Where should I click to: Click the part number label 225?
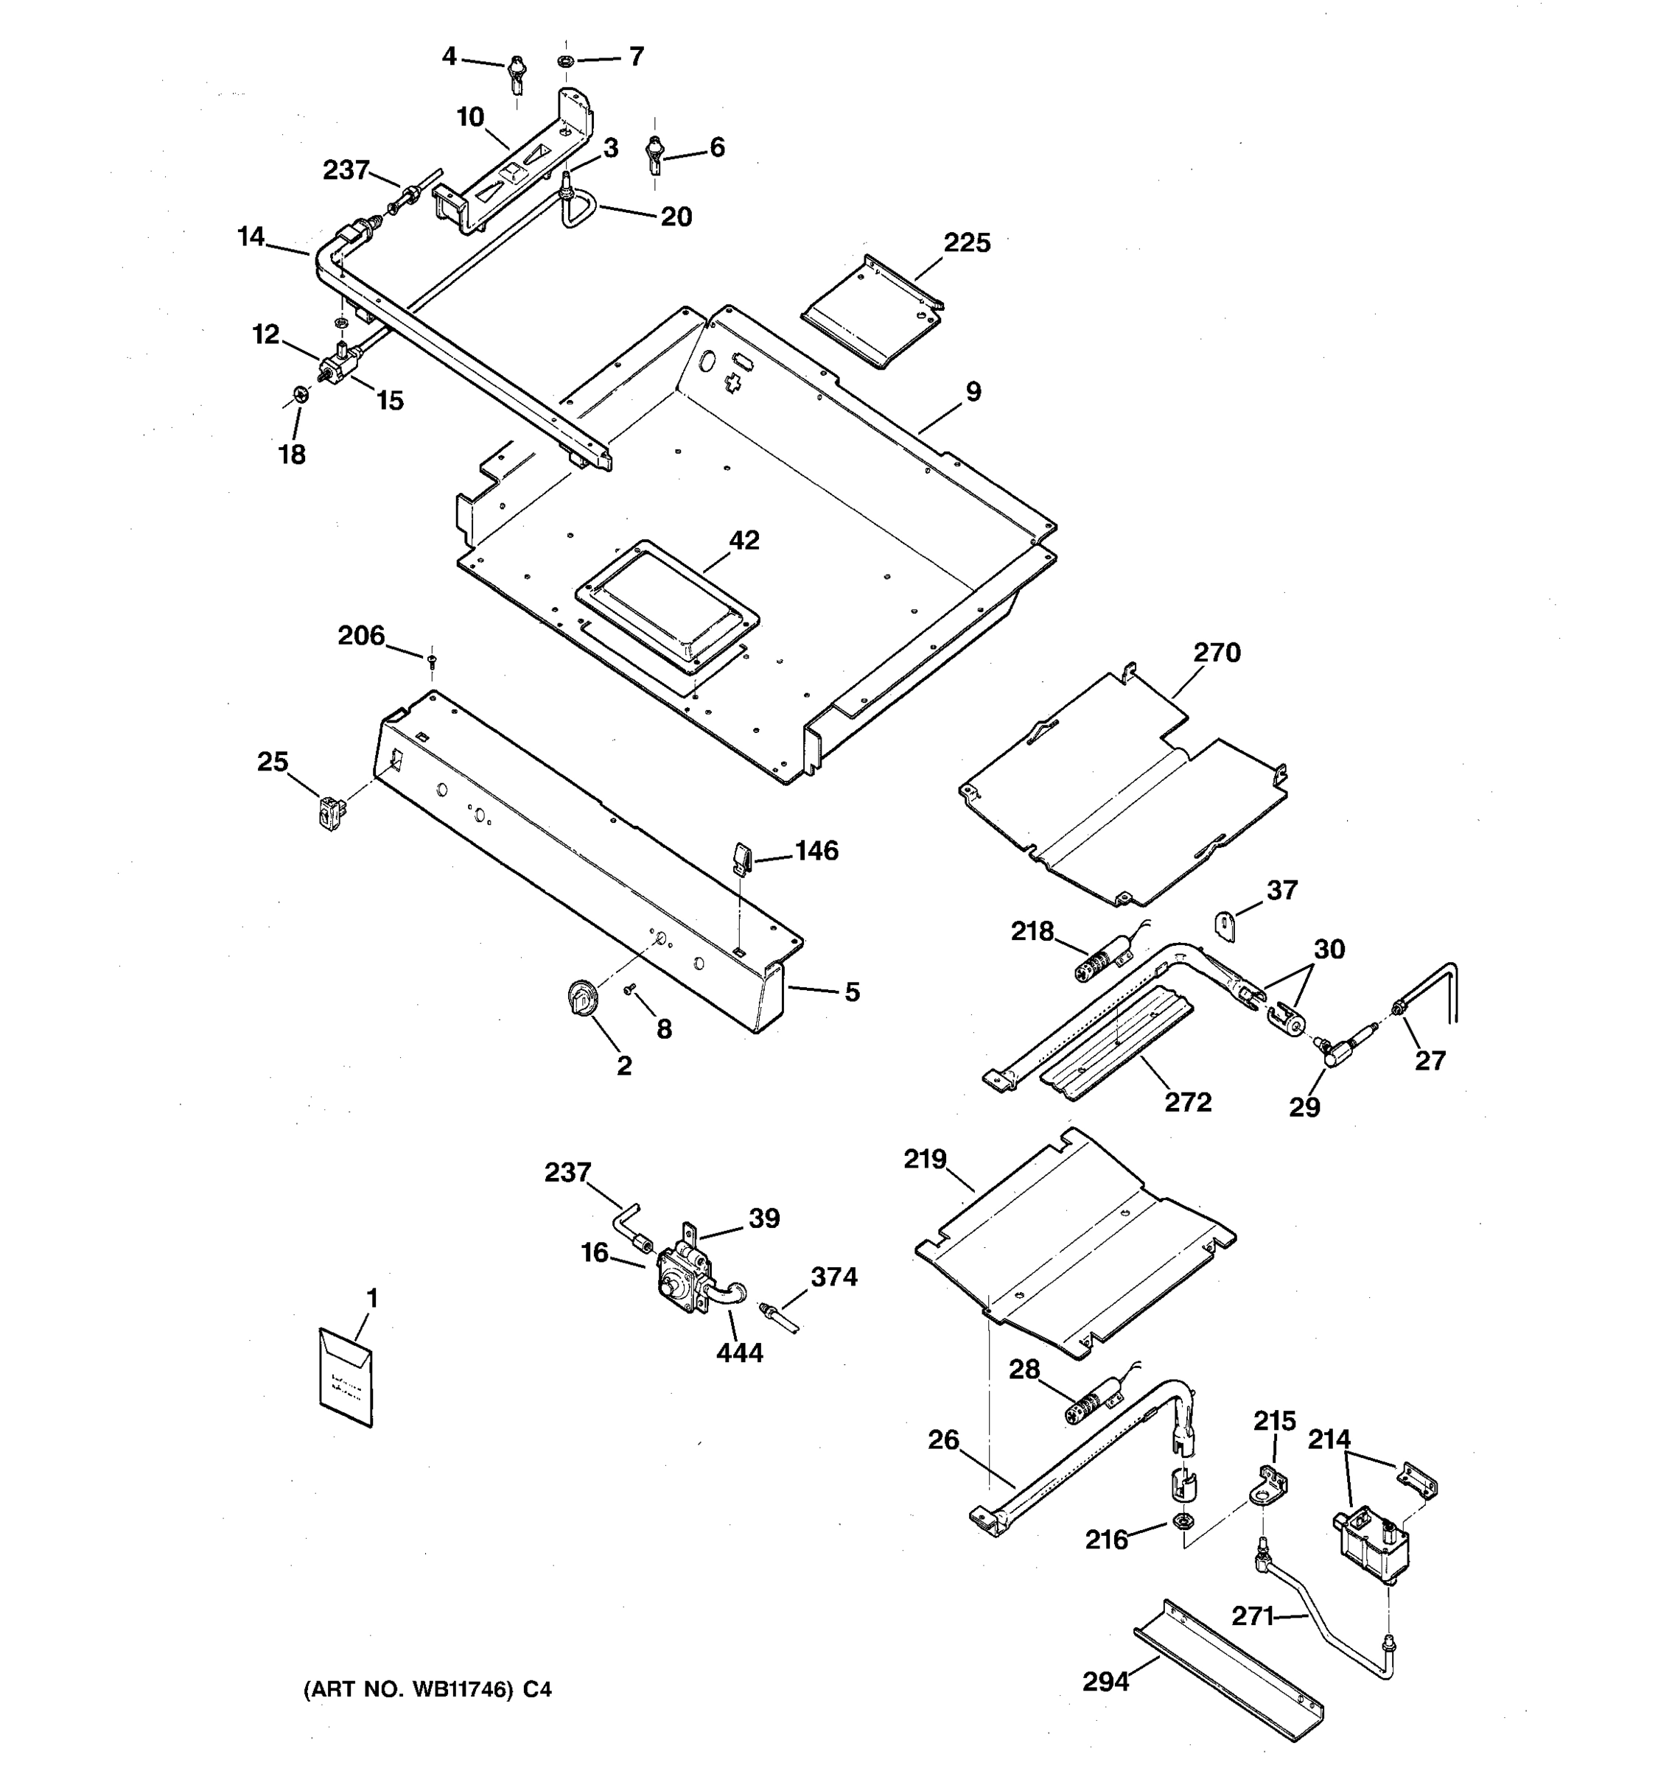pyautogui.click(x=966, y=243)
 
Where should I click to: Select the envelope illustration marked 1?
pyautogui.click(x=346, y=1376)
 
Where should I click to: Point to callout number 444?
pyautogui.click(x=739, y=1353)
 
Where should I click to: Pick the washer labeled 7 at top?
pyautogui.click(x=564, y=61)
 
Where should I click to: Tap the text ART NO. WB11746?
pyautogui.click(x=409, y=1689)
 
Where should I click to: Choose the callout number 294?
pyautogui.click(x=1105, y=1681)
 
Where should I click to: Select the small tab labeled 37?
pyautogui.click(x=1225, y=925)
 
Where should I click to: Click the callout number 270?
pyautogui.click(x=1216, y=653)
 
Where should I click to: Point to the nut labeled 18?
pyautogui.click(x=301, y=394)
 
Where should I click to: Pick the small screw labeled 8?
pyautogui.click(x=628, y=990)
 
